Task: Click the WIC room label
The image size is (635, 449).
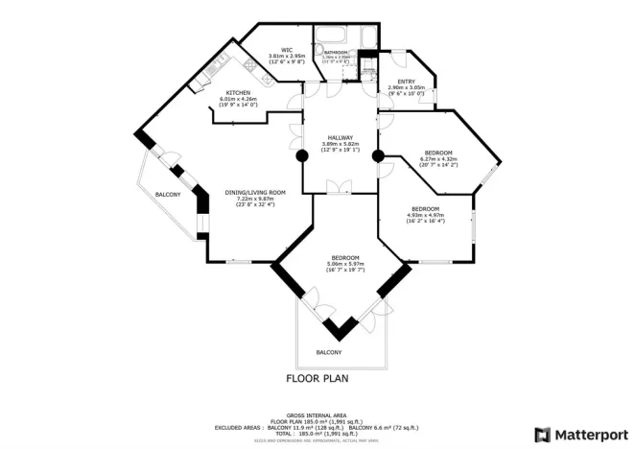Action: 286,50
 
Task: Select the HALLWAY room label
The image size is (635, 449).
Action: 341,137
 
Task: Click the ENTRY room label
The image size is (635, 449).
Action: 407,82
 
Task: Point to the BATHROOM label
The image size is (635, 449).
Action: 336,53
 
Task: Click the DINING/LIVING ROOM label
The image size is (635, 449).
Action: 248,192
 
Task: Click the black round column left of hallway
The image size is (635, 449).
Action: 301,154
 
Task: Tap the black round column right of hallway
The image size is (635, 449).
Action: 378,154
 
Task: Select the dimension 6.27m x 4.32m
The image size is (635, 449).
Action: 440,159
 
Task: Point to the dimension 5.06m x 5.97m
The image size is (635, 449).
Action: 345,264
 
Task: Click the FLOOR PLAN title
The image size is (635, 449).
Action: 317,378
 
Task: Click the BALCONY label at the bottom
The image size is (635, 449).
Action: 329,352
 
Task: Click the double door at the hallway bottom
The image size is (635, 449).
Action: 341,188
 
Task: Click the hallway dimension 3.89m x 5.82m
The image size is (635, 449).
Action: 341,144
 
